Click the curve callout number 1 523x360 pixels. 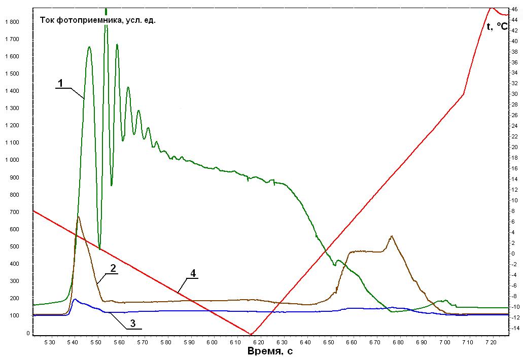coord(60,83)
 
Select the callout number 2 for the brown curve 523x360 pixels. coord(113,268)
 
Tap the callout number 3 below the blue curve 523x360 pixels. coord(132,323)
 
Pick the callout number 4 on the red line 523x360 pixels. coord(193,273)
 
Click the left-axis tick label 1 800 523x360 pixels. coord(12,22)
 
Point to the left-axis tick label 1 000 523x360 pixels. coord(12,160)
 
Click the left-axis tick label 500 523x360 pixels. coord(15,246)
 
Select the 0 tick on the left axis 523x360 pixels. coord(28,333)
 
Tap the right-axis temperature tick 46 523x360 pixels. coord(515,9)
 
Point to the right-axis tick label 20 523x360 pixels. coord(515,147)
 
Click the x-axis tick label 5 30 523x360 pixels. coord(50,342)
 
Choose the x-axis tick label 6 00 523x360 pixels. coord(212,342)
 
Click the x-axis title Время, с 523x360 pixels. coord(270,351)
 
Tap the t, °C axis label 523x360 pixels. coord(497,26)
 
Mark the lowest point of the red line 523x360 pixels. coord(251,334)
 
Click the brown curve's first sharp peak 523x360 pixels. coord(78,217)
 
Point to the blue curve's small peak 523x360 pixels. coord(75,299)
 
